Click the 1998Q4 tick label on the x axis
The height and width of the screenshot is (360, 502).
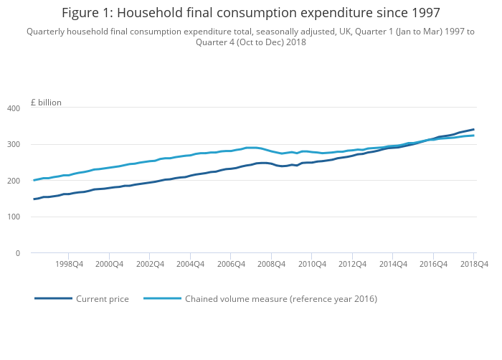pos(68,264)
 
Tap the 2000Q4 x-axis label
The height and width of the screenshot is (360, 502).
pos(108,264)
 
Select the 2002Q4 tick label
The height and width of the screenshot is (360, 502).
pos(149,264)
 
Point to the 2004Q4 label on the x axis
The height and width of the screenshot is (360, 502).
pos(189,264)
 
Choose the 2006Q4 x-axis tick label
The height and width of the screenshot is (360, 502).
pos(230,264)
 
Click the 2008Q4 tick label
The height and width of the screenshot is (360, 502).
pos(270,264)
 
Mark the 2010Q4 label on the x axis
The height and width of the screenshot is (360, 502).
pos(311,264)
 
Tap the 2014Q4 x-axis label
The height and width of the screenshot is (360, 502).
pos(392,264)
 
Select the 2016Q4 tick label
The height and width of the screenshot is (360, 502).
pos(432,264)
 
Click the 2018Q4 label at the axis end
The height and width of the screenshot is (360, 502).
pos(473,264)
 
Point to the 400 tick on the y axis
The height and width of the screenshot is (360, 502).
pos(14,108)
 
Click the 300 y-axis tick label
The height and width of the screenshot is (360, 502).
pos(14,144)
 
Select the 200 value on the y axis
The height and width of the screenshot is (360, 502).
pos(14,181)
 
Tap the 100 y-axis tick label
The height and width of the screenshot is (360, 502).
pos(14,217)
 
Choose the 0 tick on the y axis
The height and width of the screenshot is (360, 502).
pos(18,253)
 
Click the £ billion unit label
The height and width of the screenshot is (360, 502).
pos(46,103)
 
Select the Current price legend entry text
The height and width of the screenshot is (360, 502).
pos(103,298)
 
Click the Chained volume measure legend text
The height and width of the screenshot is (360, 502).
pos(281,298)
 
